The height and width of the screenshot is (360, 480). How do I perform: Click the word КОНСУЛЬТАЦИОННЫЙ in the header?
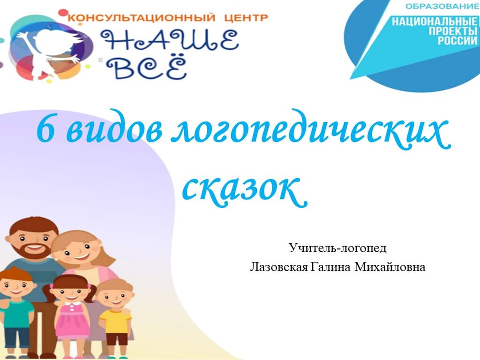pos(141,17)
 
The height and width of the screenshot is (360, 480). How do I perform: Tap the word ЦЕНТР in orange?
pos(246,17)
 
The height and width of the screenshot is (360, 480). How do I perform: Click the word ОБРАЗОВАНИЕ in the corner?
pos(442,7)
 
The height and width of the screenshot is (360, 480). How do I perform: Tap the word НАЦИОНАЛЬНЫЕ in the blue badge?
pos(435,22)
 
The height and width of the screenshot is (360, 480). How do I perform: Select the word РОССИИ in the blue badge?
pos(457,40)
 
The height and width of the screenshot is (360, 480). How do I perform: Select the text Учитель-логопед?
pos(337,248)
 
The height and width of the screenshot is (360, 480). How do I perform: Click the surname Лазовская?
pos(279,267)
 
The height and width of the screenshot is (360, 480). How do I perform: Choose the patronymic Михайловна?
pos(390,267)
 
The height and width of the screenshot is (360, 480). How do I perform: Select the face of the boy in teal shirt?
pos(16,288)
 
